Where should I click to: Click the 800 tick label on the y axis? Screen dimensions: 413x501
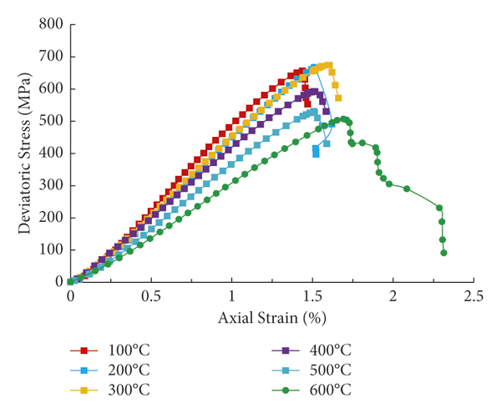(52, 24)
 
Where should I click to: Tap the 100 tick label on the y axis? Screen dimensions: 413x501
(52, 249)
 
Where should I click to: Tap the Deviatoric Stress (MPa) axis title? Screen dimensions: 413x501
(18, 153)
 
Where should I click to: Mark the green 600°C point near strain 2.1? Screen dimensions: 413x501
(407, 189)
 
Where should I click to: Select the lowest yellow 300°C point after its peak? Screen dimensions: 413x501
(338, 98)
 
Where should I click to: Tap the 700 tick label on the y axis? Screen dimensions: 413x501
(52, 57)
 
